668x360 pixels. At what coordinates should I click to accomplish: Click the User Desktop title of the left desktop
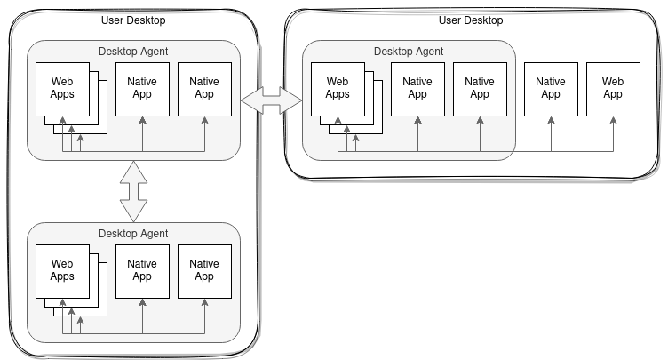click(x=132, y=20)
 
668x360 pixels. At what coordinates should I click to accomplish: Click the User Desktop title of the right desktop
click(x=471, y=20)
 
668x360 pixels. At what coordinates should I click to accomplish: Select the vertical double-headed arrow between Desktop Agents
click(x=133, y=190)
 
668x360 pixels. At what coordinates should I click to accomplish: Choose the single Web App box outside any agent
click(x=613, y=88)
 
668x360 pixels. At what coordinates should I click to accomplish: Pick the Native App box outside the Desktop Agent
click(x=551, y=88)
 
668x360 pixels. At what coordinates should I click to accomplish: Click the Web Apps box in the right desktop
click(x=338, y=88)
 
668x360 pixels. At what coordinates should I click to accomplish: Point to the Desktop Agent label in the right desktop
click(x=408, y=51)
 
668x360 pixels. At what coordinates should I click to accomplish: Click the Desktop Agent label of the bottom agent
click(x=133, y=234)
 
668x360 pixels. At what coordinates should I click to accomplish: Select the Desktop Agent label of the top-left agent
click(x=133, y=51)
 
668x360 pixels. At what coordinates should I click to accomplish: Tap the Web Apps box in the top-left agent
click(x=62, y=88)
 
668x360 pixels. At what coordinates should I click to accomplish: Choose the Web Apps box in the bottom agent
click(x=62, y=269)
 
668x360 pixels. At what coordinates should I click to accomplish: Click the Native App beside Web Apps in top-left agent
click(x=142, y=88)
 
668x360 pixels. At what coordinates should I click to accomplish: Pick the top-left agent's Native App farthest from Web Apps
click(x=204, y=88)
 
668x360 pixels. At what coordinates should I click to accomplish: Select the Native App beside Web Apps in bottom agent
click(x=142, y=269)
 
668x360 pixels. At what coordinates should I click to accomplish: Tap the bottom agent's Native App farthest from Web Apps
click(x=204, y=269)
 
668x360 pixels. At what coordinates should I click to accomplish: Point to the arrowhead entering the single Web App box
click(x=613, y=120)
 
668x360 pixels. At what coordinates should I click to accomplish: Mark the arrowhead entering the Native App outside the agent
click(x=551, y=120)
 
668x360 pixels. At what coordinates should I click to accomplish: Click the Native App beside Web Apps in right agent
click(x=417, y=88)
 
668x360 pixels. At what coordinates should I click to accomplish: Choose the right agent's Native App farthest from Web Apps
click(x=480, y=88)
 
